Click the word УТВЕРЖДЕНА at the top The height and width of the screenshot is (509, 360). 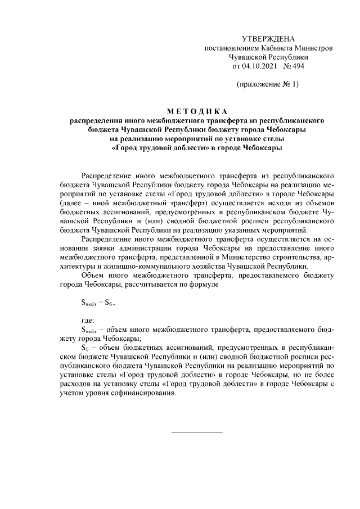[x=268, y=39]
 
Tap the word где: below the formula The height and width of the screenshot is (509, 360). [x=89, y=320]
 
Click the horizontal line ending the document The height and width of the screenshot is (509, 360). [x=197, y=432]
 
